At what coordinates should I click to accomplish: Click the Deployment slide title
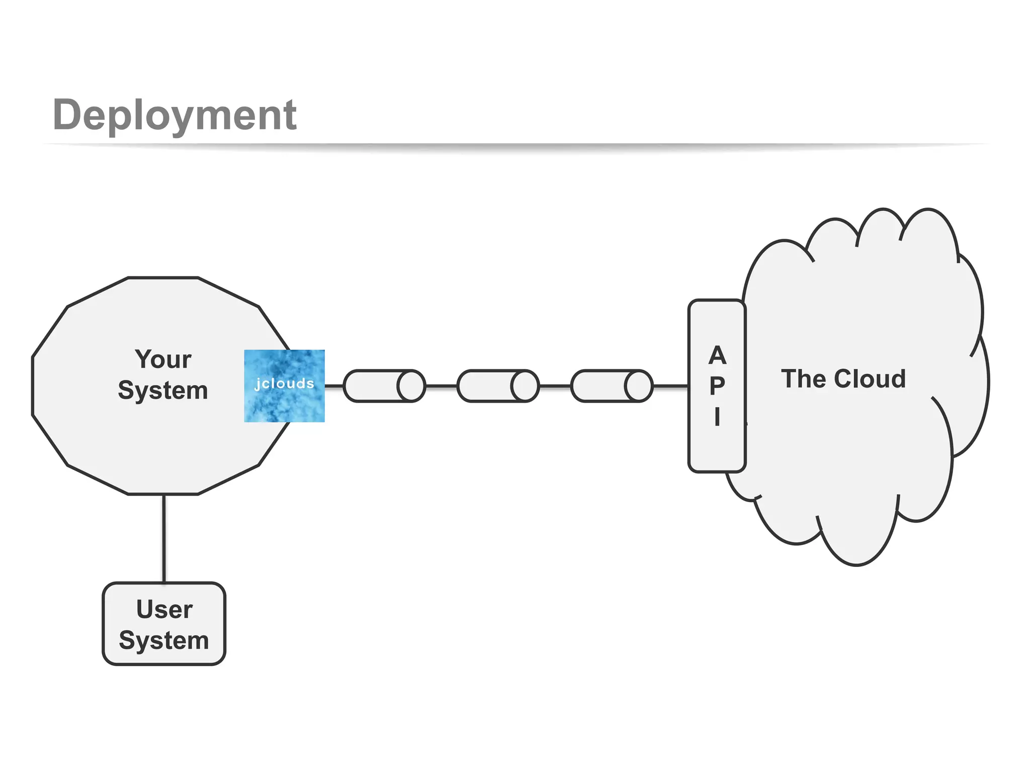tap(174, 115)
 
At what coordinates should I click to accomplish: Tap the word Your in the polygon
tap(163, 359)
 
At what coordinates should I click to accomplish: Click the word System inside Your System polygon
tap(163, 391)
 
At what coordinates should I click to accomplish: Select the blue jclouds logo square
tap(284, 386)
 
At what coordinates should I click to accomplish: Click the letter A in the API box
tap(717, 355)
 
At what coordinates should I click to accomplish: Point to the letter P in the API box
tap(717, 386)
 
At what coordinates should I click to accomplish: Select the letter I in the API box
tap(717, 417)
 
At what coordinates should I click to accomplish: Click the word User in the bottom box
tap(164, 609)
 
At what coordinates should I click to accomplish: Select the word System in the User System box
tap(164, 640)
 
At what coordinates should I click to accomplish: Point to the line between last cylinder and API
tap(670, 386)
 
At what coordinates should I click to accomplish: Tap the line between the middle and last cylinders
tap(555, 386)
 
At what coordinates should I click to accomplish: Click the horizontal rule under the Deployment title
tap(515, 145)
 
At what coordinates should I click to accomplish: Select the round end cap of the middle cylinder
tap(525, 386)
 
